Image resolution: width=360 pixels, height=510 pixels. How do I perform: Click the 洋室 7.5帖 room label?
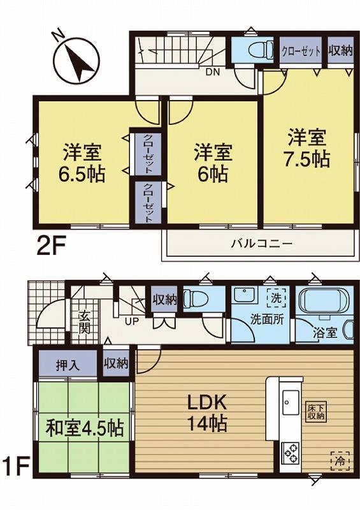(x=308, y=149)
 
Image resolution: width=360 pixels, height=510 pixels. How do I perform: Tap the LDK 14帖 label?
(x=206, y=413)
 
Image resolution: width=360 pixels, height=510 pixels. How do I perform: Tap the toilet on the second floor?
(x=258, y=50)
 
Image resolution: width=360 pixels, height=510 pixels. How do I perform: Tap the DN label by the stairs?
(x=212, y=71)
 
